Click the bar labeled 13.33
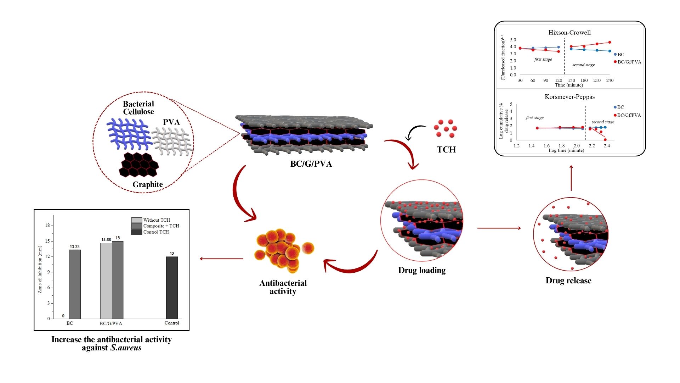(x=74, y=284)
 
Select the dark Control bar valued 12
(x=172, y=288)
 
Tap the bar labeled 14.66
(x=106, y=281)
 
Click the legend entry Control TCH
(x=156, y=232)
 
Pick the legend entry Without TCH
(x=156, y=220)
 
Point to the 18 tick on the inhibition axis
(x=47, y=226)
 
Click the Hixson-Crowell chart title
(x=569, y=33)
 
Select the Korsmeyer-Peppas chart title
(x=569, y=97)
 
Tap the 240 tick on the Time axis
(x=610, y=81)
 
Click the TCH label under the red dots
(x=446, y=150)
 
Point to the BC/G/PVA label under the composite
(x=311, y=164)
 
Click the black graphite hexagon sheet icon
(x=139, y=165)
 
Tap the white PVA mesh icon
(x=172, y=141)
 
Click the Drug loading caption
(x=422, y=270)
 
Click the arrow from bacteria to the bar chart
(x=221, y=259)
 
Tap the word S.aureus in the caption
(x=126, y=348)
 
